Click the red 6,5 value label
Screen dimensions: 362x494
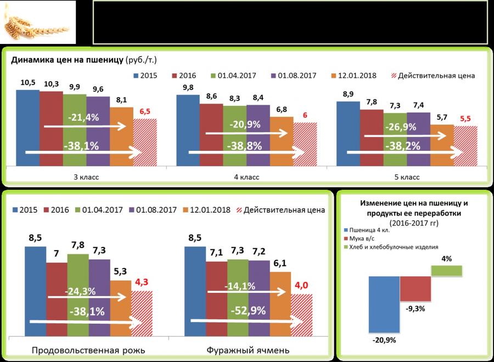pos(145,111)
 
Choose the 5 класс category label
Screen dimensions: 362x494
pos(407,177)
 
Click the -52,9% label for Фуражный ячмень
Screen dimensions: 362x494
pos(248,310)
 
